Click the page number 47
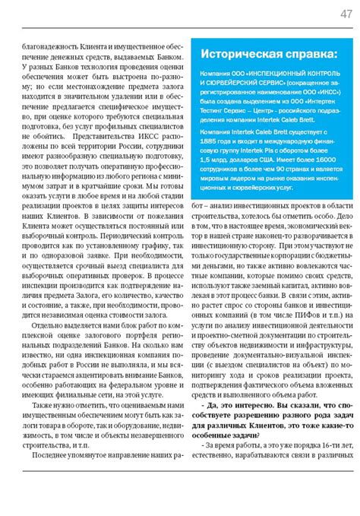[345, 15]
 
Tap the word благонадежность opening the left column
[51, 46]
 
